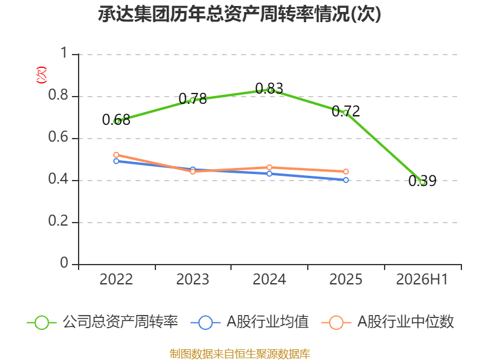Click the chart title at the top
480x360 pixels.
(x=239, y=14)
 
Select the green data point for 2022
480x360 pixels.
(x=116, y=121)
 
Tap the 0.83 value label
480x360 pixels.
(x=269, y=88)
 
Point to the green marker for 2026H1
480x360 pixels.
(x=423, y=182)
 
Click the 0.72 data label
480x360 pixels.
(x=346, y=111)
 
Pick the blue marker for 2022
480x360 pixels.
(x=116, y=161)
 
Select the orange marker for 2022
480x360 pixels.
(x=116, y=155)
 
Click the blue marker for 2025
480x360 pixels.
(x=346, y=180)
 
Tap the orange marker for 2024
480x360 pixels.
(x=269, y=167)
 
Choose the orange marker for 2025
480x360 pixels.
(x=346, y=172)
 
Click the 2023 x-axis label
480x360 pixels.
(x=193, y=280)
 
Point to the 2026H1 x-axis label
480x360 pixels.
(x=422, y=280)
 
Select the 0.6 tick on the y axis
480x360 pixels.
(x=58, y=137)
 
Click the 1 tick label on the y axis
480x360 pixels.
(x=64, y=53)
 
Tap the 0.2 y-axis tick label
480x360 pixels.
(x=58, y=221)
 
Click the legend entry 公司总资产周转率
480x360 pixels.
(x=103, y=322)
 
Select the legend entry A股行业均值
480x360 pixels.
(x=250, y=322)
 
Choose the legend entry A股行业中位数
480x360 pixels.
(x=388, y=322)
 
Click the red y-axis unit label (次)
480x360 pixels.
(x=41, y=75)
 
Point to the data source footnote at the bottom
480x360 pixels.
(x=240, y=353)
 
